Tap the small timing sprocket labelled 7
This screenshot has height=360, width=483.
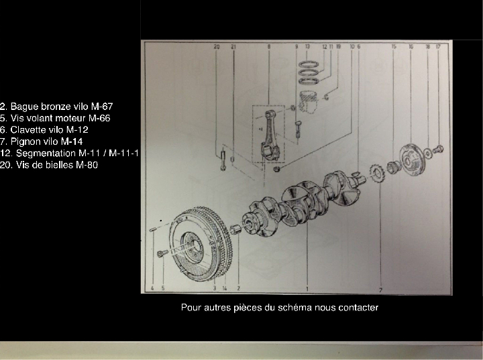point(376,178)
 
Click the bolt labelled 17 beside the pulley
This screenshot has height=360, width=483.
point(438,149)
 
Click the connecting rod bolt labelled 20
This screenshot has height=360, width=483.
point(221,161)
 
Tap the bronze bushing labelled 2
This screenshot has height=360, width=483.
point(235,231)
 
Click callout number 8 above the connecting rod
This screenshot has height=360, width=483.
point(268,47)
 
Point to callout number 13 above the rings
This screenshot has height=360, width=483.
point(307,47)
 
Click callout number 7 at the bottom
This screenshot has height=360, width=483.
point(380,290)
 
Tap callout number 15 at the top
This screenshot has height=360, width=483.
point(394,47)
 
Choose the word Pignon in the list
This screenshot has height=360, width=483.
point(25,141)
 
